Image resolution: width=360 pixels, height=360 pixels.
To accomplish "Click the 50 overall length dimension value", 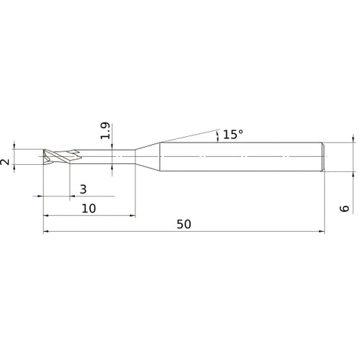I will coord(184,224).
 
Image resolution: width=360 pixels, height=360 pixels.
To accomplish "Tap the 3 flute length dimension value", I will coord(83,189).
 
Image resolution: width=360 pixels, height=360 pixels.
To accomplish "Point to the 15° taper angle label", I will coord(233,135).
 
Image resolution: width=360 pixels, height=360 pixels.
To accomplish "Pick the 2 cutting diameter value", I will coord(6,163).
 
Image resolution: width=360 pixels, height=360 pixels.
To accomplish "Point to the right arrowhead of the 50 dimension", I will coord(320,232).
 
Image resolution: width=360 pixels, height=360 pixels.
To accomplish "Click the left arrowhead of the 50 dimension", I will coord(47,232).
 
